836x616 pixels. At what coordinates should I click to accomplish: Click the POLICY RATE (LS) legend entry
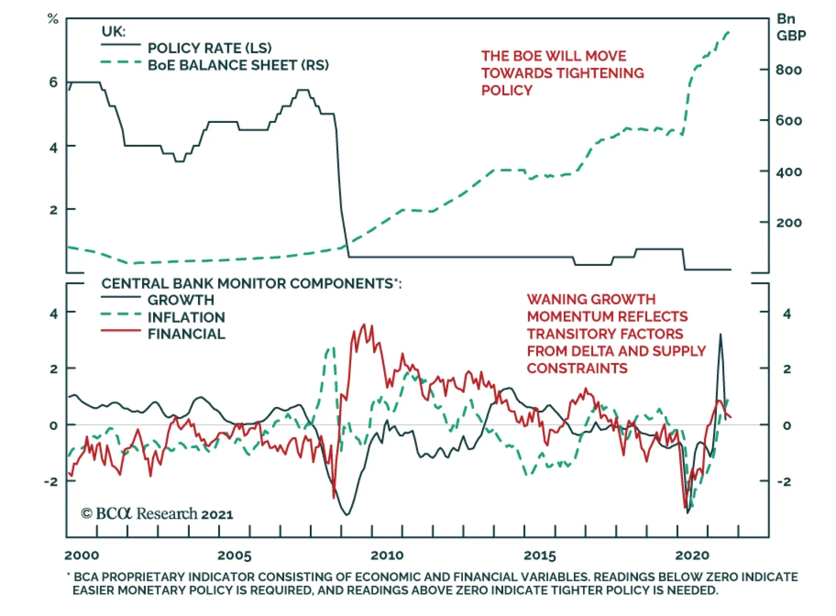click(209, 48)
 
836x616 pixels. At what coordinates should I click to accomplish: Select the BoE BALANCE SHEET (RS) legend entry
click(238, 65)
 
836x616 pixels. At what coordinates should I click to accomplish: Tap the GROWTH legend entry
click(181, 300)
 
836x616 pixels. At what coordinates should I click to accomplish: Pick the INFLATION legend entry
click(186, 317)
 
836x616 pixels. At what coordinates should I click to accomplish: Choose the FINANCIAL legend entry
click(186, 334)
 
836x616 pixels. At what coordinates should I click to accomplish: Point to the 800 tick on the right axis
click(788, 70)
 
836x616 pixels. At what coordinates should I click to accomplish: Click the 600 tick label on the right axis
click(788, 121)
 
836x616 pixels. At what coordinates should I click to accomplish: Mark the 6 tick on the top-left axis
click(53, 82)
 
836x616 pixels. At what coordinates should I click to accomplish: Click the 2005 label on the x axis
click(234, 555)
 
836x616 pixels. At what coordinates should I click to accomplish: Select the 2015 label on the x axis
click(540, 555)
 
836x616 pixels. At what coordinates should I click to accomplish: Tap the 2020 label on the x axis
click(692, 555)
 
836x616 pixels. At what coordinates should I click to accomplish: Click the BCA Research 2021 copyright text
click(157, 514)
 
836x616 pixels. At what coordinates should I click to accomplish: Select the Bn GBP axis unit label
click(791, 27)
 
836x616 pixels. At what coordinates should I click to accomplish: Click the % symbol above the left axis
click(53, 19)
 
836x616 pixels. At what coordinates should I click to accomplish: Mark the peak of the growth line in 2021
click(721, 334)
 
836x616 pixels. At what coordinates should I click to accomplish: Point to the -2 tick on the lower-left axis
click(51, 481)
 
